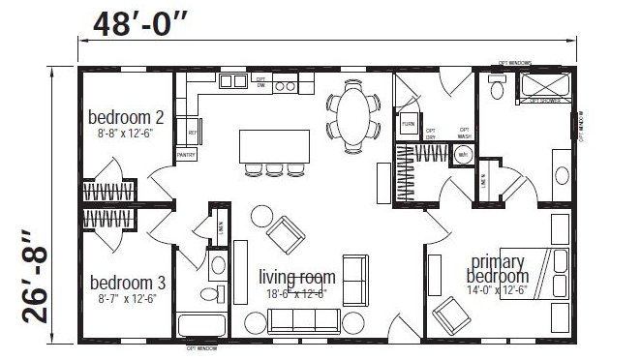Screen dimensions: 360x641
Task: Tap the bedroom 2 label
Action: click(x=126, y=118)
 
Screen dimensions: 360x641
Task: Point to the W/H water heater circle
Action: click(x=464, y=155)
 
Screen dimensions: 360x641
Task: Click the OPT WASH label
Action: click(x=464, y=133)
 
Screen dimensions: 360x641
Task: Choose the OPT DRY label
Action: click(x=432, y=133)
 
